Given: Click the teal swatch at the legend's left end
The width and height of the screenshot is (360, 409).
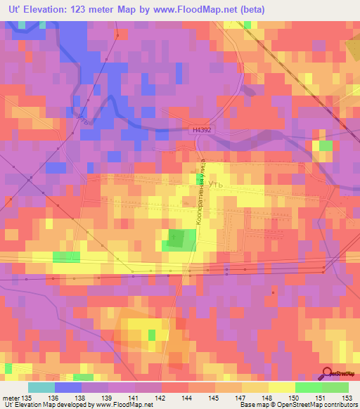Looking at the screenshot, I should [41, 387].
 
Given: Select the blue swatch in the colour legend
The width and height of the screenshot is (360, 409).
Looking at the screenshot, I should [67, 387].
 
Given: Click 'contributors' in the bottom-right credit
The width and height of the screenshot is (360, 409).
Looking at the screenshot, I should [340, 405].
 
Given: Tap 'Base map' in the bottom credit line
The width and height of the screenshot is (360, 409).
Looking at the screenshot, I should [252, 405].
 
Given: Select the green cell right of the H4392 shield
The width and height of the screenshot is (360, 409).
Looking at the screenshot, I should [324, 145].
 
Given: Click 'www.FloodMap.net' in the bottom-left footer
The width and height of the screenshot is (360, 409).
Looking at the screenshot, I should [123, 405].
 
